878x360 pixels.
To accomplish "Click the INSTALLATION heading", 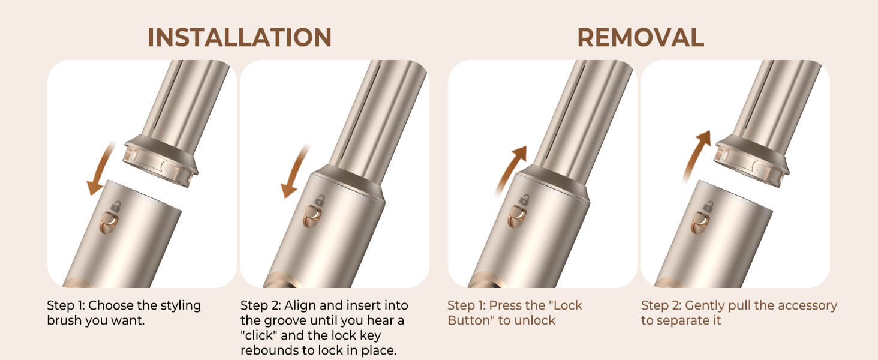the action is (239, 38).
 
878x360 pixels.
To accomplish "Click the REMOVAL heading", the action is (641, 38).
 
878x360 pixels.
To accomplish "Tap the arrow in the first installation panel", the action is (100, 169).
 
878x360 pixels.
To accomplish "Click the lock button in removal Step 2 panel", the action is (700, 223).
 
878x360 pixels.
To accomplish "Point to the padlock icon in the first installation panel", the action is (115, 206).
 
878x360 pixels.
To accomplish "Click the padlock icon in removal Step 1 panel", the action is (524, 200).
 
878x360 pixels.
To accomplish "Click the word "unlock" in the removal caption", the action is (534, 320).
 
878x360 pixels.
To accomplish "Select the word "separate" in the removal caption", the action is (686, 321).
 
